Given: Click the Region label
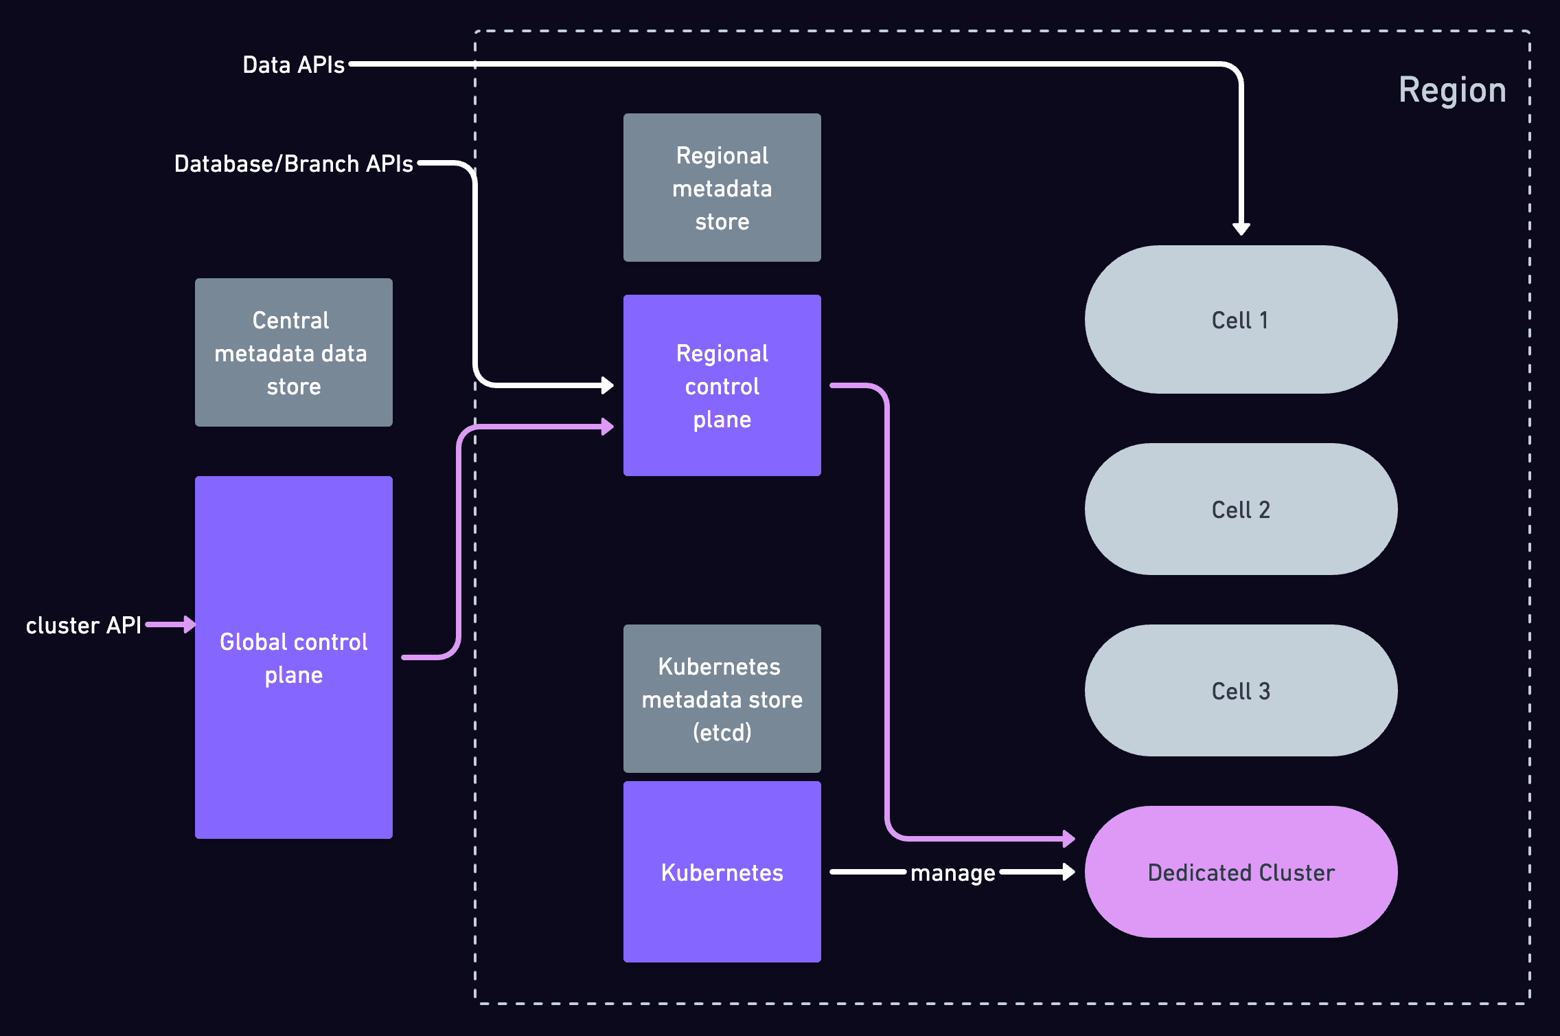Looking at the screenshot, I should [1452, 90].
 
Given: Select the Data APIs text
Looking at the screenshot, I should [293, 65].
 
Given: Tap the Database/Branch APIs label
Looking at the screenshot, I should [293, 164].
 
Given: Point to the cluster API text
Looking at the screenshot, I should [83, 625].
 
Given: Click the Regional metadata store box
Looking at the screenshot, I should [722, 188].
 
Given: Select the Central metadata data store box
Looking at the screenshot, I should [293, 352].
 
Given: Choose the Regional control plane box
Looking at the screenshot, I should [722, 385].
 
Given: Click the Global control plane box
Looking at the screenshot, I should [293, 657].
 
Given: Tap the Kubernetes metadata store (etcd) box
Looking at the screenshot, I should [722, 699].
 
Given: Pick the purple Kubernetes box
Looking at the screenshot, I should [722, 872].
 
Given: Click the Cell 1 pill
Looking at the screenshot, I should [1240, 319].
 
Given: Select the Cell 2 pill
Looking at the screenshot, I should [1240, 509].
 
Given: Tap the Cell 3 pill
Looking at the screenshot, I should [1240, 690].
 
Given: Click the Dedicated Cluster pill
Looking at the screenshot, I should [1240, 872].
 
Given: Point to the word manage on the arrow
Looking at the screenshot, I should [952, 873].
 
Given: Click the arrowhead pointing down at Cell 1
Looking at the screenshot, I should [1241, 229].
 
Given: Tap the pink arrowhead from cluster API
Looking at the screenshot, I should [190, 624].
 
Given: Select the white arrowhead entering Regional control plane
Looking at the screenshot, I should [607, 385].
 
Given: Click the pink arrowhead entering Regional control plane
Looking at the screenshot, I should [607, 427].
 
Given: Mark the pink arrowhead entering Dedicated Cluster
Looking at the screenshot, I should [1068, 838].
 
